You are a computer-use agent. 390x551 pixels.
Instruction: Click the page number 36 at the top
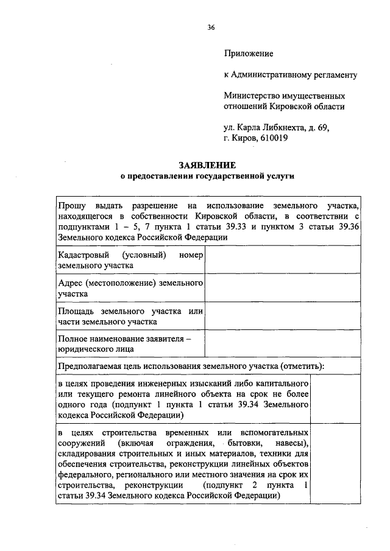[210, 27]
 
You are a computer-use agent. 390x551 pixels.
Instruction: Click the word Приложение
[249, 54]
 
